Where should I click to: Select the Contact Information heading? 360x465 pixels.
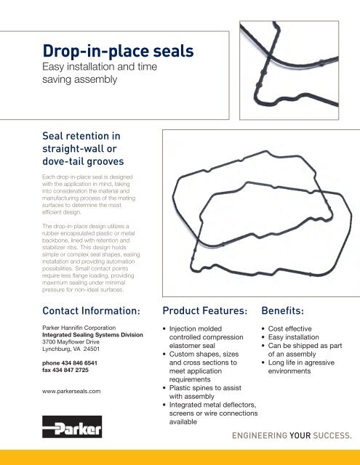84,311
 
